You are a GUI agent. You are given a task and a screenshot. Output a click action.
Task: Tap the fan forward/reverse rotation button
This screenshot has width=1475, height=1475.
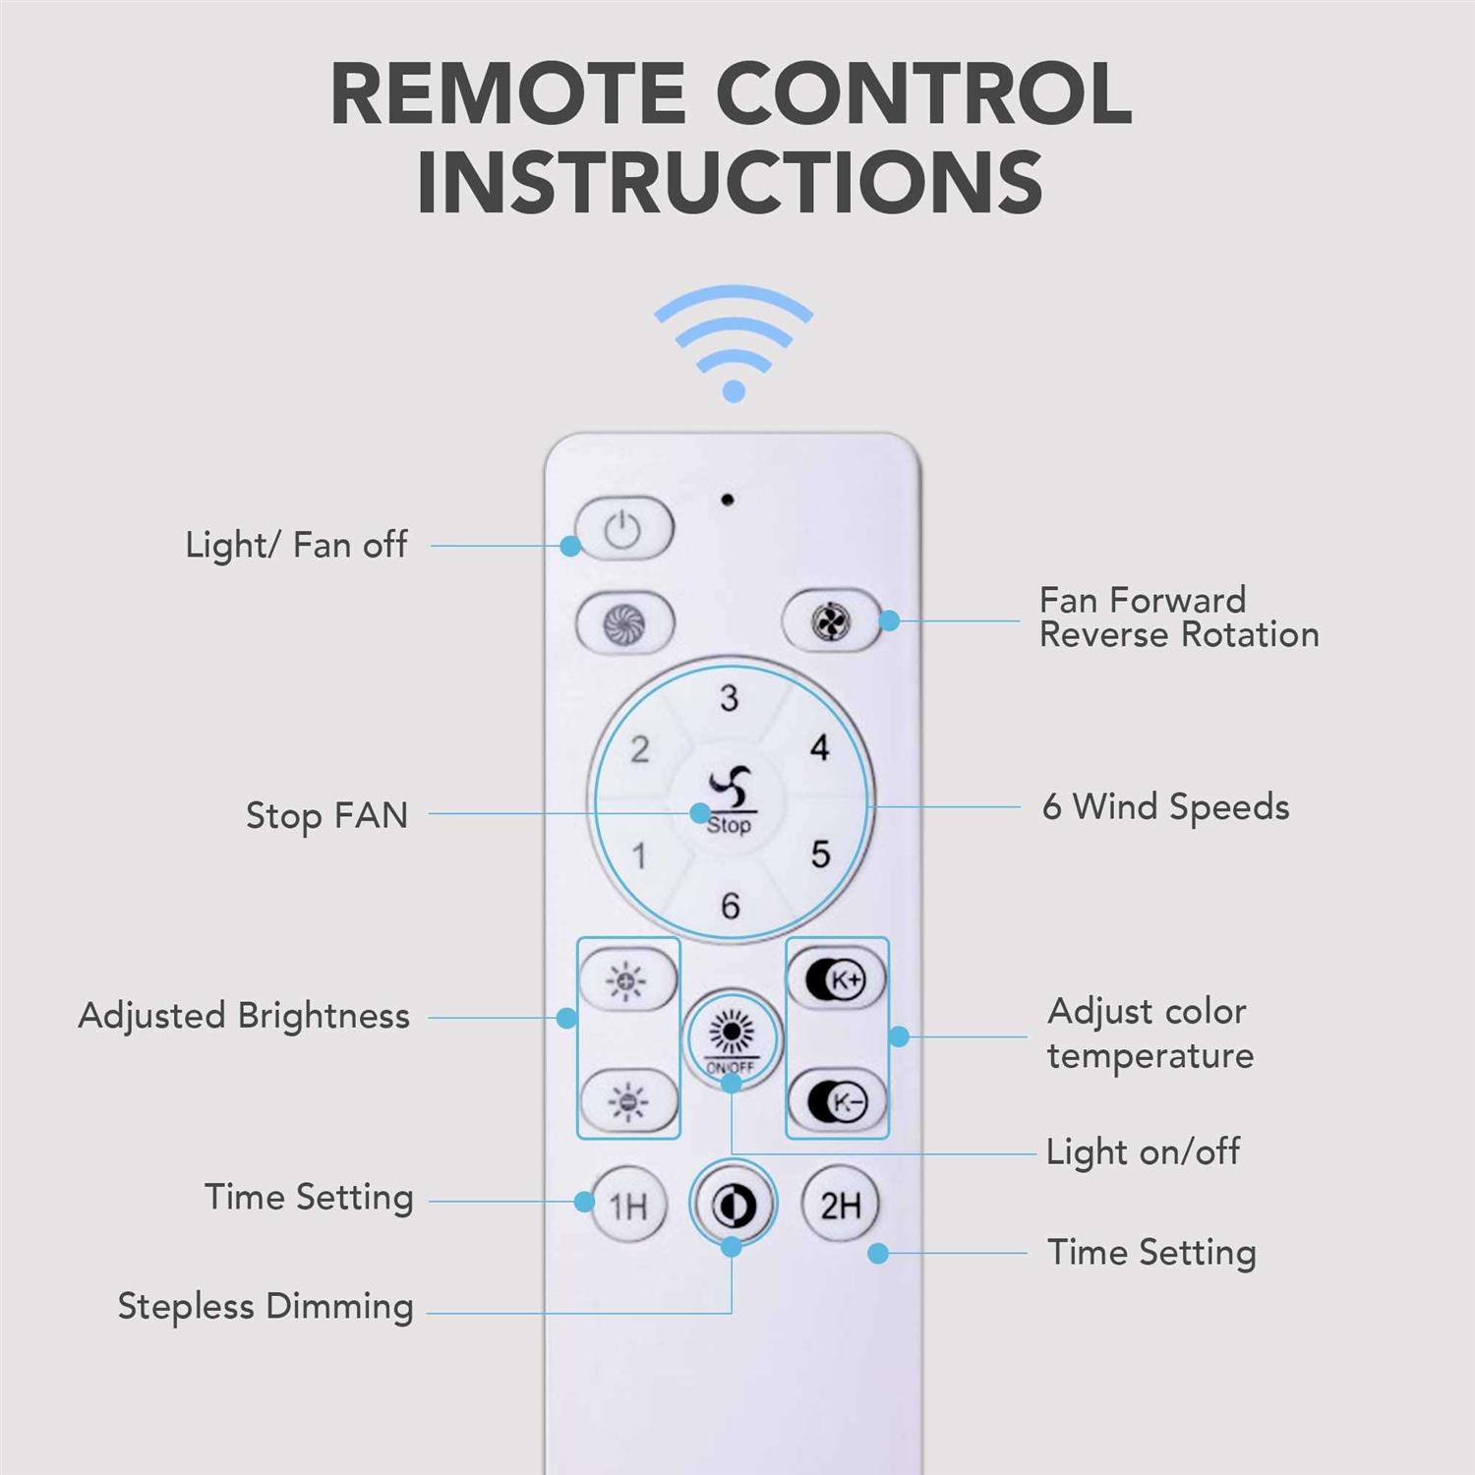click(x=831, y=621)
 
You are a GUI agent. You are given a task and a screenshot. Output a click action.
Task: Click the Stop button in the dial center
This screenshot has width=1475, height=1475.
click(x=730, y=801)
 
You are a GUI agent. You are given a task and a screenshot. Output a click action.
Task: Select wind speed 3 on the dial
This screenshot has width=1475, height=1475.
click(x=729, y=698)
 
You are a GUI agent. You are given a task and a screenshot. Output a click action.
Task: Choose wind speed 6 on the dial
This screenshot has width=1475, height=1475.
click(x=730, y=905)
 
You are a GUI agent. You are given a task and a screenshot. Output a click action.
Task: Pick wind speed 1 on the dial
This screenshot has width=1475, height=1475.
click(x=639, y=855)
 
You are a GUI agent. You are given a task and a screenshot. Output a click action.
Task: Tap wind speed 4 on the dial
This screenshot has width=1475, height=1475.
click(x=819, y=748)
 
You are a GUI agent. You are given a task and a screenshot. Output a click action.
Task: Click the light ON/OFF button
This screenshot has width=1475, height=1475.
click(x=732, y=1038)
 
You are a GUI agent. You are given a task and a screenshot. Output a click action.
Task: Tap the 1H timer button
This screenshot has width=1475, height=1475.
click(x=628, y=1205)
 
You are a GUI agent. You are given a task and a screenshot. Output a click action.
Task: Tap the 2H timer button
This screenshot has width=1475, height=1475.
click(x=841, y=1204)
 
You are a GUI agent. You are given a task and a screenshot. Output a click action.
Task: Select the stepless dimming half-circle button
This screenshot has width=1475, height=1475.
click(x=734, y=1203)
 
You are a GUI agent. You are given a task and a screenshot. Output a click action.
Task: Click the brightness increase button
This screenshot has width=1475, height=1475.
click(x=627, y=980)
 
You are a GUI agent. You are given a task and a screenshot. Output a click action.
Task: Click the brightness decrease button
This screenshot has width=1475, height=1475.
click(x=628, y=1100)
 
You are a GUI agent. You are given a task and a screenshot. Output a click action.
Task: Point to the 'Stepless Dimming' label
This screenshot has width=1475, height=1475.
click(x=265, y=1307)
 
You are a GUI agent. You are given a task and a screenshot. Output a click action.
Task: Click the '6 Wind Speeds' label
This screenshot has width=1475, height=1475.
click(x=1165, y=807)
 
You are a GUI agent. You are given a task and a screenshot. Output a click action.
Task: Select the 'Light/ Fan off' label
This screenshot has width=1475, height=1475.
click(x=296, y=545)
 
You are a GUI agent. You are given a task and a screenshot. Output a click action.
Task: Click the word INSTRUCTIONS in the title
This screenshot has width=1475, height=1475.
click(x=730, y=183)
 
